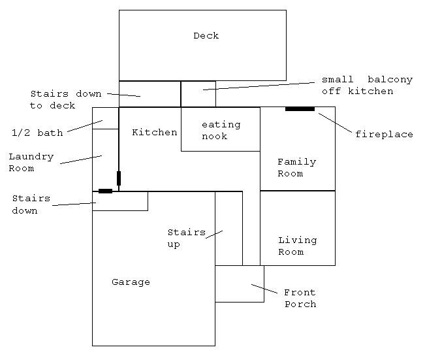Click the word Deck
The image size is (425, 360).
(x=206, y=35)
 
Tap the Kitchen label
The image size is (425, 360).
(x=155, y=133)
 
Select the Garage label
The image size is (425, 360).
(x=131, y=282)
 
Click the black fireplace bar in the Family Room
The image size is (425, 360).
(x=300, y=109)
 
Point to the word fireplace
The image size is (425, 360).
(x=384, y=135)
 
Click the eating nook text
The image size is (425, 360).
(x=221, y=130)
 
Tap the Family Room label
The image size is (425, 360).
(x=297, y=168)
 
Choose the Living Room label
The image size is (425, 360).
(x=297, y=246)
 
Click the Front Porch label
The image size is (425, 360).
(x=300, y=298)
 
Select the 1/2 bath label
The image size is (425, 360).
(x=37, y=133)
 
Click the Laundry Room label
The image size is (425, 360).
(x=31, y=162)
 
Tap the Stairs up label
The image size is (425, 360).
(x=187, y=238)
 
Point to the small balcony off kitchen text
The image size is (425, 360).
(x=367, y=85)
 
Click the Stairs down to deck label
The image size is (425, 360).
(x=66, y=99)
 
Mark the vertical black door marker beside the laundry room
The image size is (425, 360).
(x=119, y=178)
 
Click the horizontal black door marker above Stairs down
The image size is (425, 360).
(x=106, y=191)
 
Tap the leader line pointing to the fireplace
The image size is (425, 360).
(x=336, y=123)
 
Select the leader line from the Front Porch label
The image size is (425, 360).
(x=264, y=289)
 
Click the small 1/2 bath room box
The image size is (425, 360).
(x=106, y=118)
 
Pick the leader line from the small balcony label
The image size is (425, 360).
(x=259, y=86)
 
